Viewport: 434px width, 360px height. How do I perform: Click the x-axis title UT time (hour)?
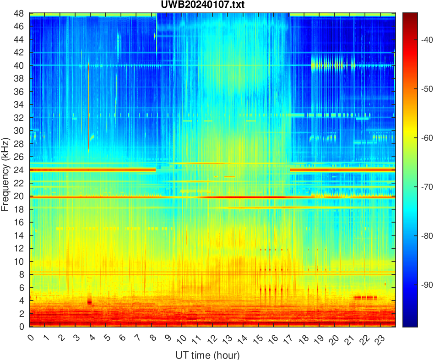pyautogui.click(x=207, y=355)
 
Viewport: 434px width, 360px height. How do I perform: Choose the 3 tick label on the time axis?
pyautogui.click(x=75, y=339)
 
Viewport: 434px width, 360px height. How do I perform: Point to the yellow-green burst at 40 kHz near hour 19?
pyautogui.click(x=333, y=65)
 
